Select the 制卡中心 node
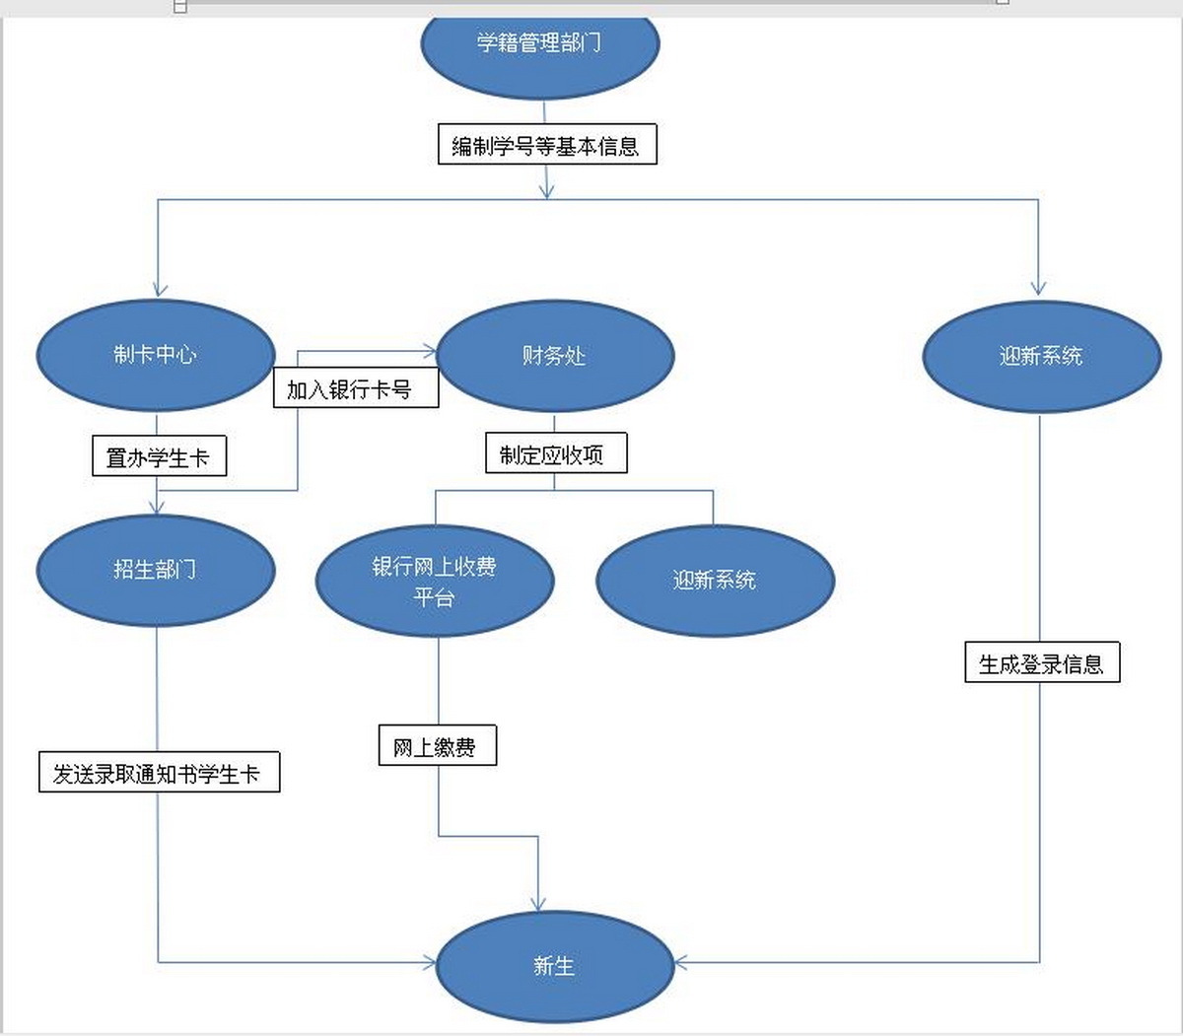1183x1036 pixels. tap(156, 355)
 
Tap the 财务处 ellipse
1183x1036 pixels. tap(554, 356)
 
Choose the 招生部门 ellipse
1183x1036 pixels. tap(156, 570)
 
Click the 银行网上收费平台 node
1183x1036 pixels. tap(435, 581)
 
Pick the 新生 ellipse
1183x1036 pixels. tap(554, 966)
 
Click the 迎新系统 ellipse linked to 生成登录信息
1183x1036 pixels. tap(1041, 356)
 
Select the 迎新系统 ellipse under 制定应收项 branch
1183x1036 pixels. tap(715, 581)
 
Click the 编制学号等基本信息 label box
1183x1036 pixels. tap(547, 145)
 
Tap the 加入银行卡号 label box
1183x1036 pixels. tap(355, 388)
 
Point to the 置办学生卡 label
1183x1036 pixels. tap(159, 457)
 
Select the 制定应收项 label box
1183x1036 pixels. tap(556, 454)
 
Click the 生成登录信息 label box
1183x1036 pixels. tap(1042, 662)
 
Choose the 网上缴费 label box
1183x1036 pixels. tap(438, 746)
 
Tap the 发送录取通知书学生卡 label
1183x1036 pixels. tap(159, 773)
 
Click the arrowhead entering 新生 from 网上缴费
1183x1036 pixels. tap(538, 904)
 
